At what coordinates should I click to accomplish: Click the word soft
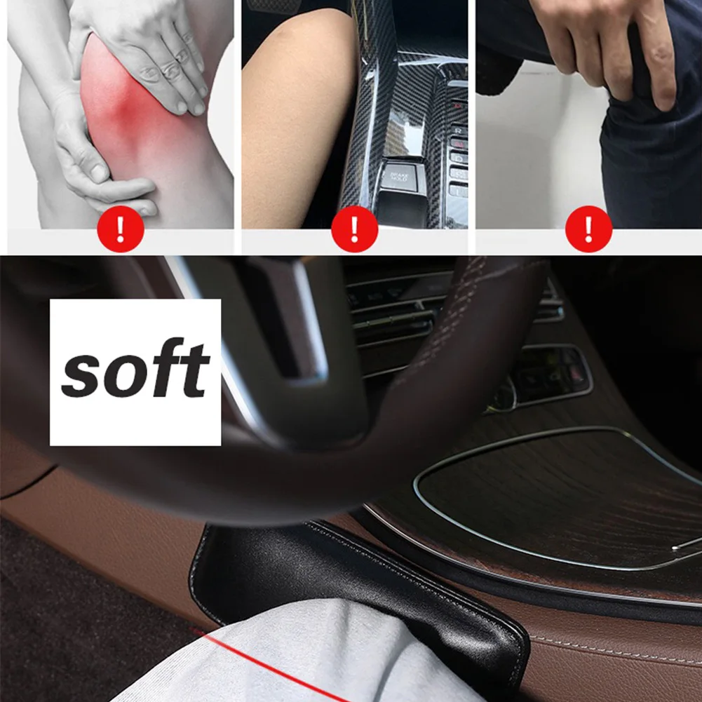[135, 370]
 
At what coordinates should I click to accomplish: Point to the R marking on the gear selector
[458, 130]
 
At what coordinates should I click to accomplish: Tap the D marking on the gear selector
[457, 157]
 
